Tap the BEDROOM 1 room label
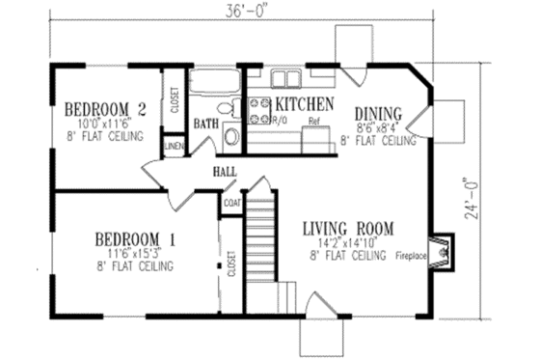point(133,237)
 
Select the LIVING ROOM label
point(348,229)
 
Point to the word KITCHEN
point(305,103)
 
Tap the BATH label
point(205,124)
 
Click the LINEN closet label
point(175,146)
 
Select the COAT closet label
point(232,203)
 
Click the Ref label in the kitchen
point(313,123)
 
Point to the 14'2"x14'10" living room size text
point(348,243)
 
